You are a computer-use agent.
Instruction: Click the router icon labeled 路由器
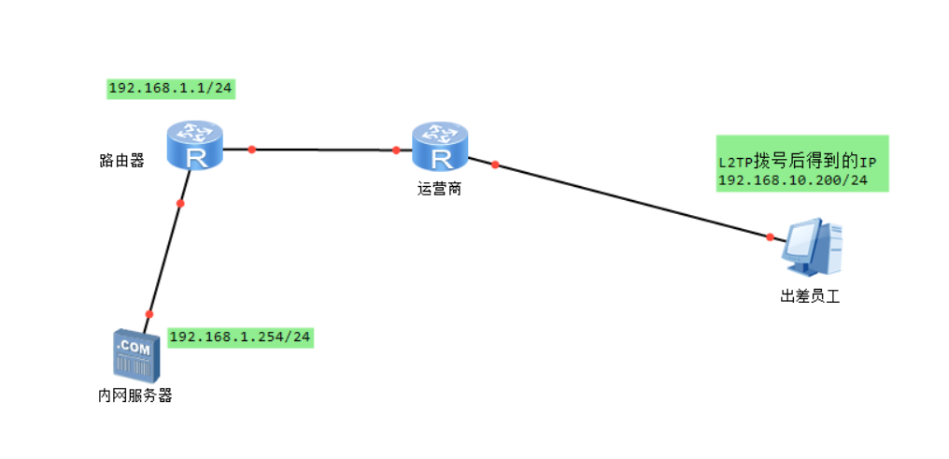click(195, 146)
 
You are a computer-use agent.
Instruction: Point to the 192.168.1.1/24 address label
click(171, 89)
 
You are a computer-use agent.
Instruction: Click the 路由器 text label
click(121, 161)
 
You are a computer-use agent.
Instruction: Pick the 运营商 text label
click(439, 189)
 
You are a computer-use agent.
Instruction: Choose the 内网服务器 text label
click(135, 395)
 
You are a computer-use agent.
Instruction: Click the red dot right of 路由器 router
click(252, 149)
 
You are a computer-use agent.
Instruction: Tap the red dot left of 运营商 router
click(396, 150)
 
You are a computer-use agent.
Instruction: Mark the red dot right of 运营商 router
click(495, 165)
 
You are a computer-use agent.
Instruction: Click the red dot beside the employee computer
click(771, 237)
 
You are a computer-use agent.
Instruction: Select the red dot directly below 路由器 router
click(180, 203)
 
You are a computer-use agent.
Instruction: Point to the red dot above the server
click(149, 314)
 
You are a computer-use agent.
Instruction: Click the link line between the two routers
click(324, 150)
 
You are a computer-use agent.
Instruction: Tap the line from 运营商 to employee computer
click(635, 202)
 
